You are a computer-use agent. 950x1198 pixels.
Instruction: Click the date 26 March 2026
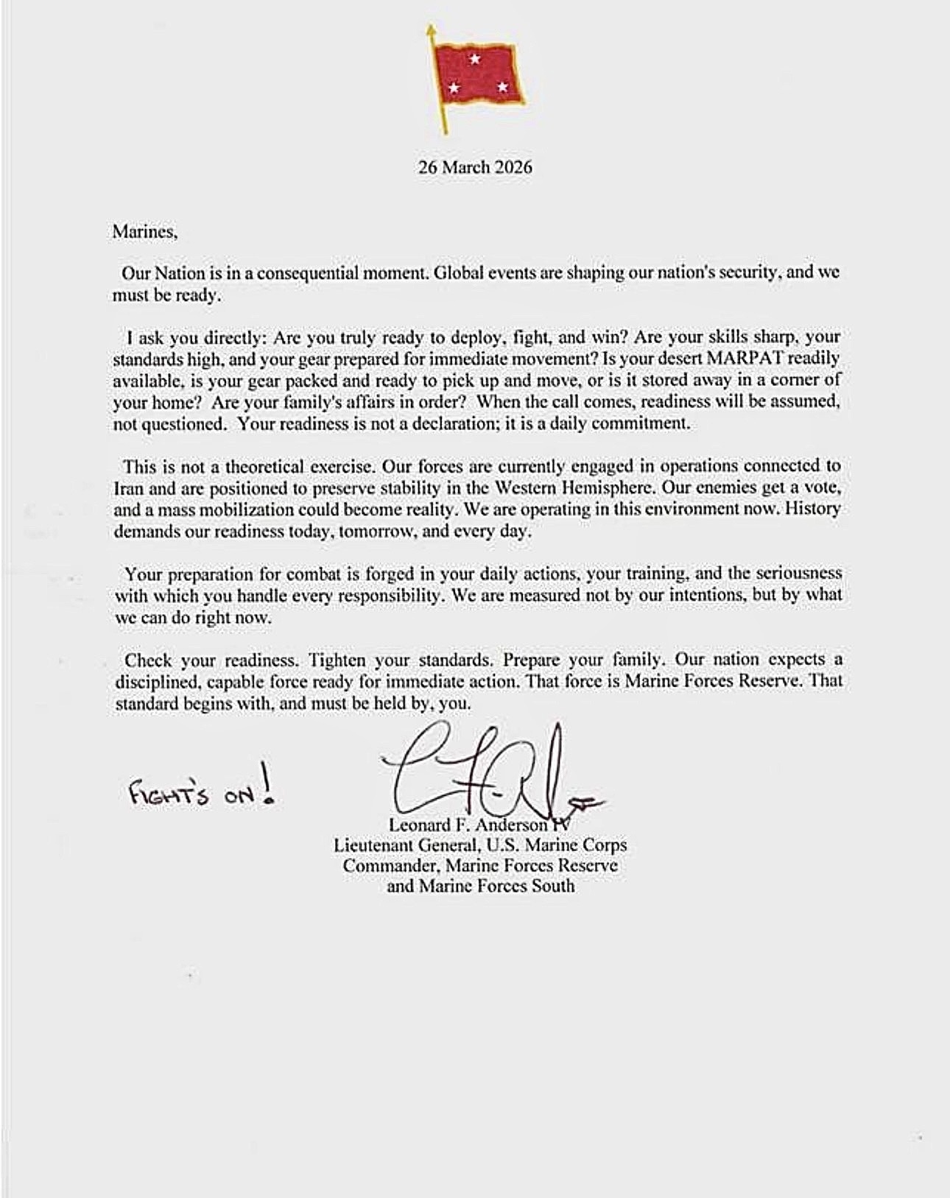[475, 167]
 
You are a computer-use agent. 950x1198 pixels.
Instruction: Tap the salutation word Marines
[144, 232]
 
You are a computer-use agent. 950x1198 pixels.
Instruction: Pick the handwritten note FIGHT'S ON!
[203, 792]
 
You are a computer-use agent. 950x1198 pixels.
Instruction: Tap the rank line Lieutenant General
[480, 845]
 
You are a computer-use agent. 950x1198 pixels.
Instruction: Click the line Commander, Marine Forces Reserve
[480, 865]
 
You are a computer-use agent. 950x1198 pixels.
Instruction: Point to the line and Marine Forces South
[480, 885]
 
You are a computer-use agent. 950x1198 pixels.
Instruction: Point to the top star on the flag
[475, 60]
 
